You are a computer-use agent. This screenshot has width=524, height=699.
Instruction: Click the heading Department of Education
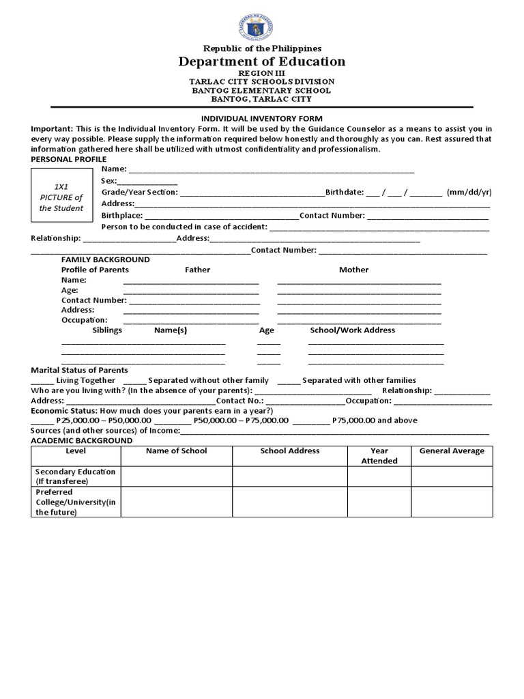point(262,62)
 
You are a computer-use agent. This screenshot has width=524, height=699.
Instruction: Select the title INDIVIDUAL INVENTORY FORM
point(262,118)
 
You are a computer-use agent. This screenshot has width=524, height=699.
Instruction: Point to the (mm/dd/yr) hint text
point(469,192)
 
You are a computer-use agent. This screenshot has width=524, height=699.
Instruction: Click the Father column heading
point(197,270)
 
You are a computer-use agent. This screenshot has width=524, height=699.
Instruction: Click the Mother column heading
point(353,270)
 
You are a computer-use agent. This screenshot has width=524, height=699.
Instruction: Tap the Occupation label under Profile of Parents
point(84,319)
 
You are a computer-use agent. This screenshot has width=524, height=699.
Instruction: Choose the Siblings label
point(107,330)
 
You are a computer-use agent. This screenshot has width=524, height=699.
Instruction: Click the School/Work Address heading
point(352,330)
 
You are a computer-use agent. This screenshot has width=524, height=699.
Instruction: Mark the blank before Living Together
point(42,381)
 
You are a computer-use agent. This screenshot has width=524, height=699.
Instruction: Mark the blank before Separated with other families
point(288,381)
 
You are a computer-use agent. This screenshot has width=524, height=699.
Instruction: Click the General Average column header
point(452,451)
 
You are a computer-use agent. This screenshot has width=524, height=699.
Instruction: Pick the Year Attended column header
point(379,456)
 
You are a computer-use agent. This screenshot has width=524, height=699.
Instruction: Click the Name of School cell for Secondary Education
point(176,476)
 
